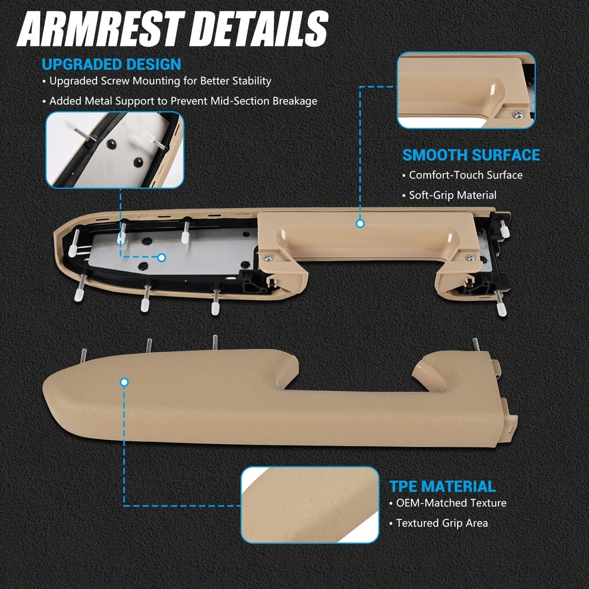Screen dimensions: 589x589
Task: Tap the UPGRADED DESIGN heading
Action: [111, 64]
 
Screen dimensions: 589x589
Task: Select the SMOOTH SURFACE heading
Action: [471, 155]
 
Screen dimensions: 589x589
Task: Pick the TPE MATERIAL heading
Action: [442, 487]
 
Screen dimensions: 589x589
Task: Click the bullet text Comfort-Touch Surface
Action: [465, 175]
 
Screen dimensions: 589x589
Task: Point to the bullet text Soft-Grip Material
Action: [452, 195]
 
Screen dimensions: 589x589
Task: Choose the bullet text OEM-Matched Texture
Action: [451, 503]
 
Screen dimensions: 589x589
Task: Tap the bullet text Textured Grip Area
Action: [442, 523]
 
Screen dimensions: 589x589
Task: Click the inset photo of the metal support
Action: [115, 150]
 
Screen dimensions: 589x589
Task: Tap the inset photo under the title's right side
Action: [466, 90]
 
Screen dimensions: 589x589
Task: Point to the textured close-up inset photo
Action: [309, 505]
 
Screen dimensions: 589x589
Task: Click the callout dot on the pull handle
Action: [360, 224]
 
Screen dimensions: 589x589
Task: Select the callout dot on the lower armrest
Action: [124, 382]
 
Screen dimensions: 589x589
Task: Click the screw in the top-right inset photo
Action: [517, 114]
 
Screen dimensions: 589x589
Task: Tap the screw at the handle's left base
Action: [269, 257]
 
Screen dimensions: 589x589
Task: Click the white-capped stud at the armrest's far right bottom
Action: [501, 309]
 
